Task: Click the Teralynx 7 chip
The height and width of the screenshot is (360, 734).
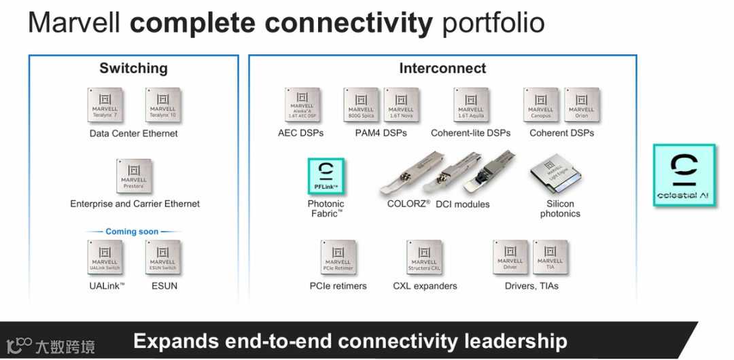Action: [x=105, y=105]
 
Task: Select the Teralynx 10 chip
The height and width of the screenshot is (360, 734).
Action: [x=162, y=105]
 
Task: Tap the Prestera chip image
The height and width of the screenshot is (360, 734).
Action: [x=134, y=176]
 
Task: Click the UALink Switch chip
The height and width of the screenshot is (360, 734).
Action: [x=105, y=257]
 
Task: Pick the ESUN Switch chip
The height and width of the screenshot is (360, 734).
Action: [x=162, y=257]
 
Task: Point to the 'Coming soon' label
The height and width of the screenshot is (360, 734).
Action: [x=132, y=232]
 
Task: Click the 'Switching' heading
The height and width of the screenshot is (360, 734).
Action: [x=133, y=69]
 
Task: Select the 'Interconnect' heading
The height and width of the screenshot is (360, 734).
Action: [x=442, y=69]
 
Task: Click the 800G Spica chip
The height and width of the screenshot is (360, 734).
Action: [x=361, y=105]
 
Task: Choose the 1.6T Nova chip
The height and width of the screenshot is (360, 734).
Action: [x=401, y=105]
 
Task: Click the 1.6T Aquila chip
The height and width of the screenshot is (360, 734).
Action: [x=471, y=105]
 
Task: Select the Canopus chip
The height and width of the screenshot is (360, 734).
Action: [x=541, y=105]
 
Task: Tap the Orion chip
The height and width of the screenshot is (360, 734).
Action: [x=581, y=105]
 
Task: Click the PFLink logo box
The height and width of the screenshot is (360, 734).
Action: [x=326, y=177]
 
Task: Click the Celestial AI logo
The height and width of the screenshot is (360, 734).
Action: [x=684, y=175]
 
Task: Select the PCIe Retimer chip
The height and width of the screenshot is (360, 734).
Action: [x=338, y=257]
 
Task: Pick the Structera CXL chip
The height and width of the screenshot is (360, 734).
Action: [x=424, y=257]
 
